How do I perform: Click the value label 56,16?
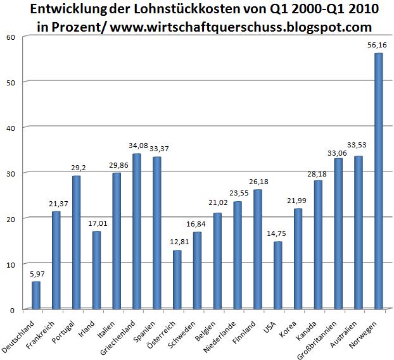click(x=378, y=46)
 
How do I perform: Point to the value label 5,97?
click(x=36, y=274)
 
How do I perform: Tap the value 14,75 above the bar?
click(x=278, y=235)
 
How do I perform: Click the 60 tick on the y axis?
click(x=10, y=36)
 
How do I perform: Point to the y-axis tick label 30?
click(x=10, y=173)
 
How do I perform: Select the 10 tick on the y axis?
click(x=10, y=264)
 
